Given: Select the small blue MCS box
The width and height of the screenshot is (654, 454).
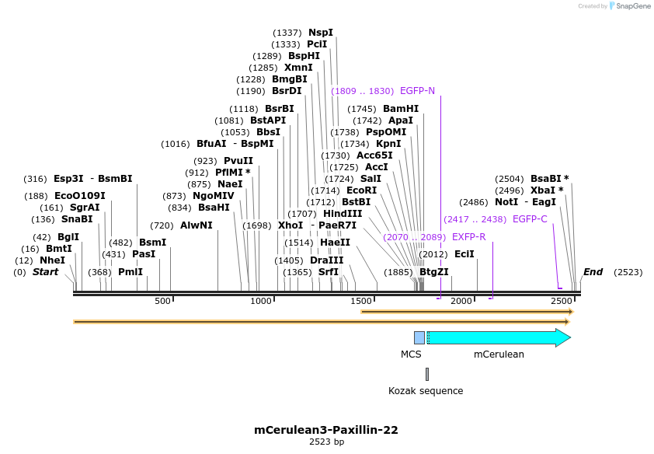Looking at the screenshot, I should click(x=419, y=337).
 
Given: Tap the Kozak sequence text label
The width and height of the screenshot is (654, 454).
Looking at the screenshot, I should click(x=426, y=391).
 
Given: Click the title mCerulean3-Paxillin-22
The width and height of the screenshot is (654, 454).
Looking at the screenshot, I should click(x=326, y=429).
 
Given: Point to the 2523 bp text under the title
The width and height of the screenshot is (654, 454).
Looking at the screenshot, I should click(x=326, y=442).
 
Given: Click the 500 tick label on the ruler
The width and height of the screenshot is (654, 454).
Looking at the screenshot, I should click(x=162, y=301).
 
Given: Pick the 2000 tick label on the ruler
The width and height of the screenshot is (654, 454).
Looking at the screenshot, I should click(x=461, y=301).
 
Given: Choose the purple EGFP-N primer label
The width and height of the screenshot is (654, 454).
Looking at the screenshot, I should click(x=417, y=91).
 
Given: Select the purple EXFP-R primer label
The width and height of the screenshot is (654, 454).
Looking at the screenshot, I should click(x=468, y=236).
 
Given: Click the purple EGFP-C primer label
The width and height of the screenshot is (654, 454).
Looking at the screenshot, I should click(x=530, y=219).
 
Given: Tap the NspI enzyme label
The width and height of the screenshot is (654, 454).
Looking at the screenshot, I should click(x=320, y=33).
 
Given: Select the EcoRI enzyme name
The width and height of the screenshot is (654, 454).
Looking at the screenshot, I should click(x=361, y=190).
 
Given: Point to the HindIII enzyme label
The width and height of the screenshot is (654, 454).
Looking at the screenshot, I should click(x=343, y=214).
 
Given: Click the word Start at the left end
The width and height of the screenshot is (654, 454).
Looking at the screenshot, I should click(x=45, y=272).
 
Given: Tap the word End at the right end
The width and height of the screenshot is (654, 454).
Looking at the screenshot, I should click(x=593, y=272).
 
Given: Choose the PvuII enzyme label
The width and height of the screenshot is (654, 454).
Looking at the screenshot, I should click(x=238, y=161).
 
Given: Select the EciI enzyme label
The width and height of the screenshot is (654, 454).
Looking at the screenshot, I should click(x=464, y=254).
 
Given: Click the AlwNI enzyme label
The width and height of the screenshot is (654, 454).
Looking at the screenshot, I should click(x=197, y=225).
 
